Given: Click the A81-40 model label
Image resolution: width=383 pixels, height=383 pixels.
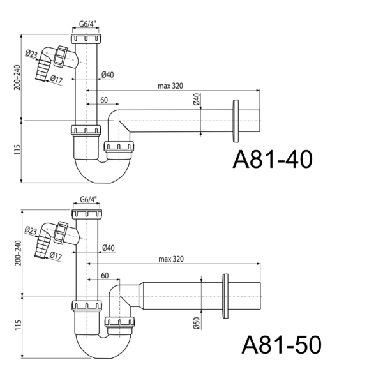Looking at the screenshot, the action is pyautogui.click(x=273, y=159).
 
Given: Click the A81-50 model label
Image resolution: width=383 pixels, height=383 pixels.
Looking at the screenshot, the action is pyautogui.click(x=282, y=345).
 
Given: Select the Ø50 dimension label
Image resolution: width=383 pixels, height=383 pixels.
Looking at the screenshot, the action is pyautogui.click(x=197, y=323).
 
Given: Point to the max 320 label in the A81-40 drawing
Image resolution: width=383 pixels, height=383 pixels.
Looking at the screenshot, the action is pyautogui.click(x=170, y=86).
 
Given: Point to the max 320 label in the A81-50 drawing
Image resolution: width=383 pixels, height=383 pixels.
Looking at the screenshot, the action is pyautogui.click(x=171, y=259).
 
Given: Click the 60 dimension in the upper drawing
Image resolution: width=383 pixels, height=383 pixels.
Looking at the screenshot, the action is pyautogui.click(x=104, y=100).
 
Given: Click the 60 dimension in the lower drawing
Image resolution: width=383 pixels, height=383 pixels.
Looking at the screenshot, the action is pyautogui.click(x=105, y=276).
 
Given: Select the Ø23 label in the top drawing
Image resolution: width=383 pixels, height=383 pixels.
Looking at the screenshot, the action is pyautogui.click(x=31, y=54).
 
